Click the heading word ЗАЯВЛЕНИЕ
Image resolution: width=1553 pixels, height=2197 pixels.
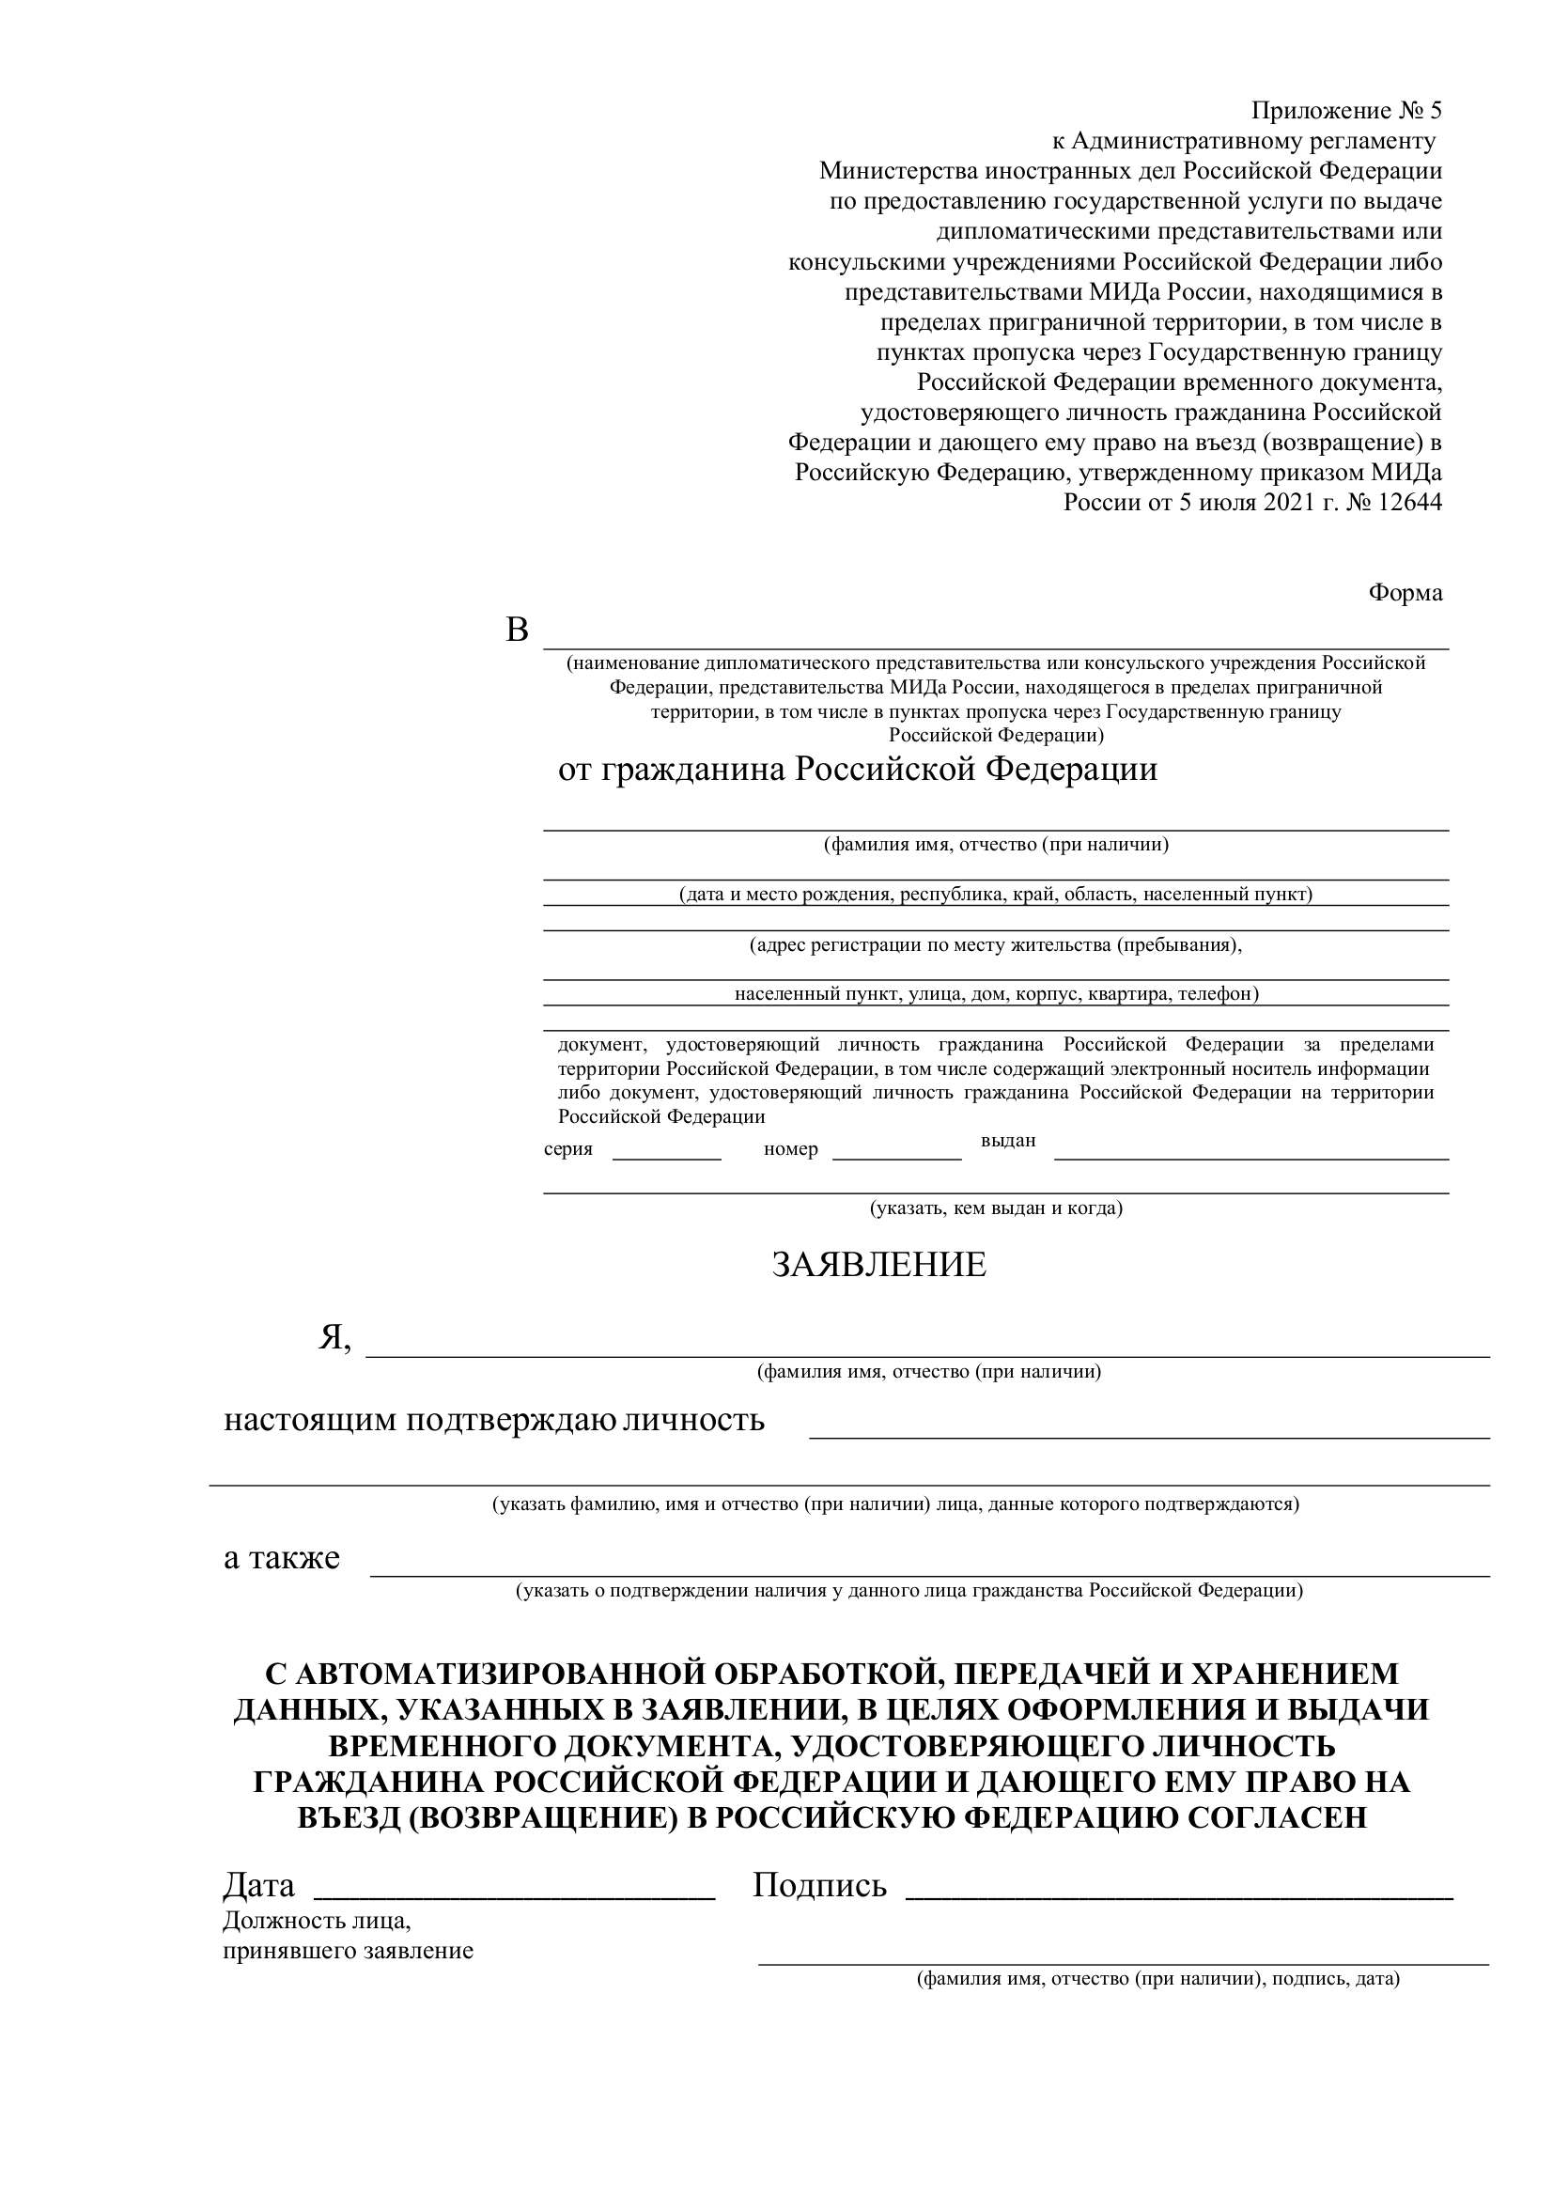pos(878,1265)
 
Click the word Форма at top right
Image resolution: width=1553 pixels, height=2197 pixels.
pos(1405,593)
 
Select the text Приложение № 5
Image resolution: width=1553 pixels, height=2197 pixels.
pos(1345,111)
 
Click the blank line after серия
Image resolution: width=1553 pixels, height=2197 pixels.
pos(666,1158)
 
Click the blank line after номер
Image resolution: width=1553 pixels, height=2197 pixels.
pos(896,1158)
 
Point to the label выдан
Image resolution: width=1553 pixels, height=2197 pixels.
pos(1007,1141)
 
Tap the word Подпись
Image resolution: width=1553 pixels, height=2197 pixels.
pos(819,1886)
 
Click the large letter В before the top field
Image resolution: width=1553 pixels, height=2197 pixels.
pos(517,631)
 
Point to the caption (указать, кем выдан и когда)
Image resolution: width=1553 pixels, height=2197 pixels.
pos(995,1208)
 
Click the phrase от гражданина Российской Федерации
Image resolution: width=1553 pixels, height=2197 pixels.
pos(858,770)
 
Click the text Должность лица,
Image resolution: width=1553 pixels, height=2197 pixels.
pos(317,1921)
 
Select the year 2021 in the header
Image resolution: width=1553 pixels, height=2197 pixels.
pos(1289,503)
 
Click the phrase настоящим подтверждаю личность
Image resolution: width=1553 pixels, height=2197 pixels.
pos(494,1420)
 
